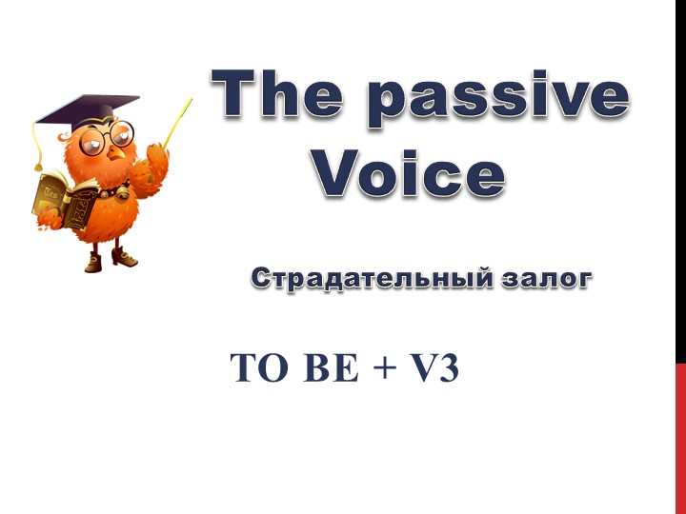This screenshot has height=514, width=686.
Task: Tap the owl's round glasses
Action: (x=108, y=140)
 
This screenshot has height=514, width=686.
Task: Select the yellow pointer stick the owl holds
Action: (x=176, y=123)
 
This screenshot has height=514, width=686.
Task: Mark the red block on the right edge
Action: (x=680, y=438)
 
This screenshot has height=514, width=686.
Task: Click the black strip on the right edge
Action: (x=680, y=181)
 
